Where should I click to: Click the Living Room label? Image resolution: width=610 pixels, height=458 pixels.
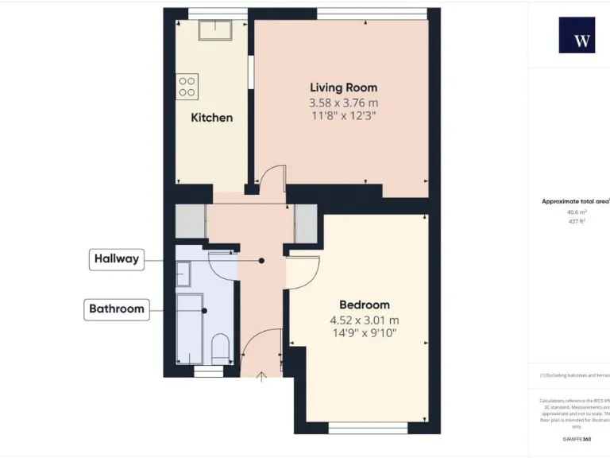coord(343,87)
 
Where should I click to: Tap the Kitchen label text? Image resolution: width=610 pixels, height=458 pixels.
coord(212,118)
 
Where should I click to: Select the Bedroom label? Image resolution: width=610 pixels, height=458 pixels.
coord(365,305)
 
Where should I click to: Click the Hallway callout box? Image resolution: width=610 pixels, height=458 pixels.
coord(117,258)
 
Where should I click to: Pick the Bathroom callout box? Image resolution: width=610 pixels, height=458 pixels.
coord(117,309)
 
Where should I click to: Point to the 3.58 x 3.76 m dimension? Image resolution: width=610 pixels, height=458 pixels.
coord(343,103)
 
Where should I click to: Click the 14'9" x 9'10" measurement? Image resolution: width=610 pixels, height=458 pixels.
coord(365,334)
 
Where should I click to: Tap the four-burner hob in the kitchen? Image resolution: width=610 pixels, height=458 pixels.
coord(187,86)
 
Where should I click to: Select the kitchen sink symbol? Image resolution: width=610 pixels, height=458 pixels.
coord(214,30)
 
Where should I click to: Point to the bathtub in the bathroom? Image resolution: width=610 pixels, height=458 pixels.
coord(189,326)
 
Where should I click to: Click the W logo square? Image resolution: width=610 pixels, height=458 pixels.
coord(577,36)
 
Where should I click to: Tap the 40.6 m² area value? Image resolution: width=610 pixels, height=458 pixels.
coord(576,212)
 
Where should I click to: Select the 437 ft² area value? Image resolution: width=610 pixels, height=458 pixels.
coord(576,221)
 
